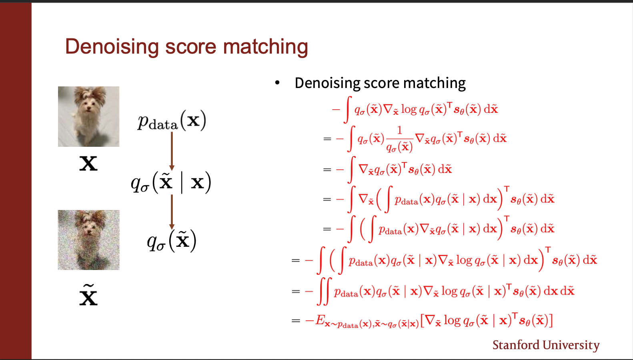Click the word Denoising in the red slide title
[112, 46]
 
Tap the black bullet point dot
[277, 82]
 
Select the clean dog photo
[89, 116]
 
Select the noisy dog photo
[89, 240]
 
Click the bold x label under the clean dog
[88, 164]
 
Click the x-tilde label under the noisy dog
[88, 295]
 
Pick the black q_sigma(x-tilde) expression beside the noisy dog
[172, 241]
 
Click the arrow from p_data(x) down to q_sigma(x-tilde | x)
[172, 151]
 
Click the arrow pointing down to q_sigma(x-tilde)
[172, 212]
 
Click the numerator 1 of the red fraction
[399, 130]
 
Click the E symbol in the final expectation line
[320, 320]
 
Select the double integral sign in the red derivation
[324, 291]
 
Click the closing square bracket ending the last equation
[551, 320]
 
